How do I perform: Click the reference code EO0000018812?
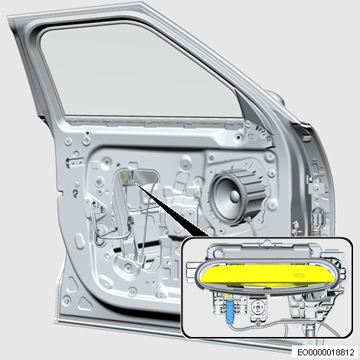point(326,352)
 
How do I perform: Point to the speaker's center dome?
point(234,195)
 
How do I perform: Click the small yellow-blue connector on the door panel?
point(126,177)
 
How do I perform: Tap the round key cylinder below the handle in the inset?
point(258,309)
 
